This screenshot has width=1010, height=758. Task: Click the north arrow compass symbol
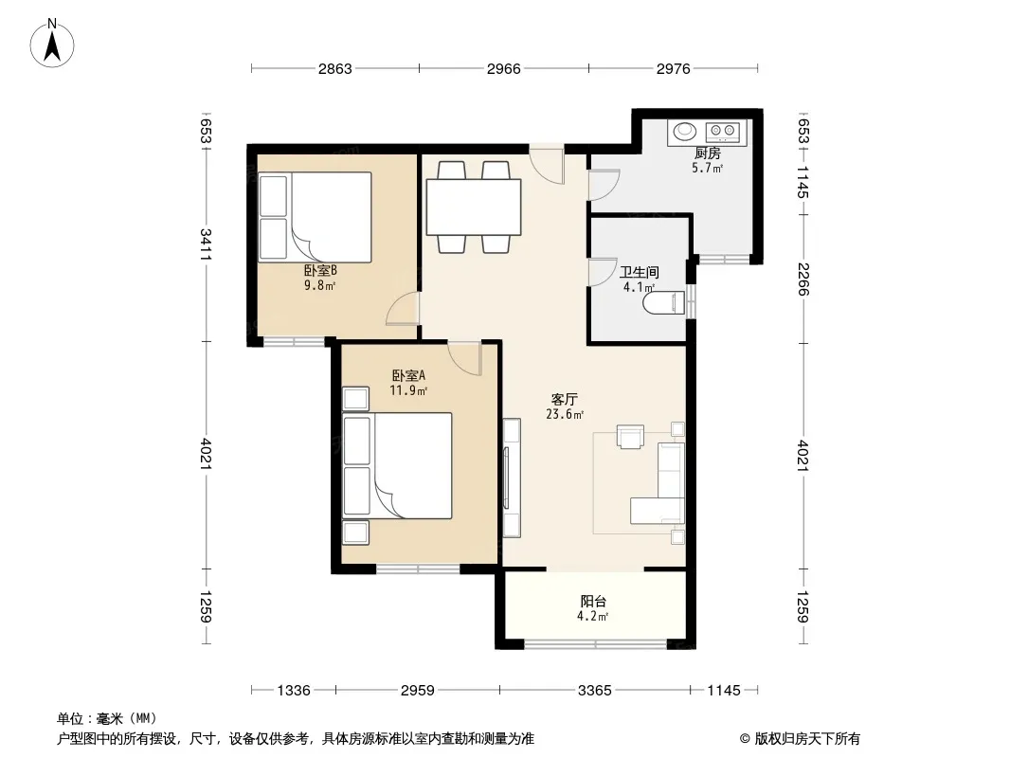point(52,44)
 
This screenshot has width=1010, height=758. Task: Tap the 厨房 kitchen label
point(707,153)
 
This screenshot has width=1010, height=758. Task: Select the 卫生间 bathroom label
point(639,273)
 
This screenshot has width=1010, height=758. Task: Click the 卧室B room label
point(321,271)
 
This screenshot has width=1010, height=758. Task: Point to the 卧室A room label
point(409,375)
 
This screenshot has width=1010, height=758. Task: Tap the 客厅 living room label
point(565,400)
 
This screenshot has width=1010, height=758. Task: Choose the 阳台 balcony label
point(593,602)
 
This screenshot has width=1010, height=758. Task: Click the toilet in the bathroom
point(664,302)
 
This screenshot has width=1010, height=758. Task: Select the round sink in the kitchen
point(685,132)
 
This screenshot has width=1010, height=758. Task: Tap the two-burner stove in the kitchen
point(723,132)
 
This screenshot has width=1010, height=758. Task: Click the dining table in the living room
point(474,208)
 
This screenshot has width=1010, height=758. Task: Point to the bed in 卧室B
point(315,217)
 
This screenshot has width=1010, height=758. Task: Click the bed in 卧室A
point(397,465)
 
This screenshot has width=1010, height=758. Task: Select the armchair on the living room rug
point(630,436)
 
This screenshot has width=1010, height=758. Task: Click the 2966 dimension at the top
point(504,68)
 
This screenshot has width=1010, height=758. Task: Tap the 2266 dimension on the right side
point(803,279)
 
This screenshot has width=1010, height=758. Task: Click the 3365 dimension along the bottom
point(594,691)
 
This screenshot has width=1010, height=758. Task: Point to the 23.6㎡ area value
point(565,415)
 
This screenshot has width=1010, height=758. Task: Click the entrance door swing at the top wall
point(547,164)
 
